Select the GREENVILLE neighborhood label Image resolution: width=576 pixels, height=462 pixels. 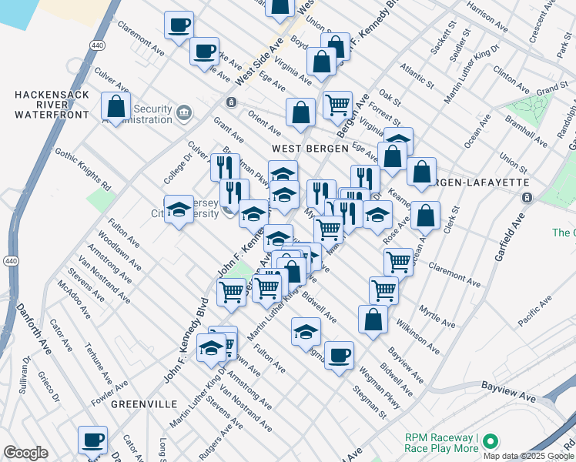[144, 403]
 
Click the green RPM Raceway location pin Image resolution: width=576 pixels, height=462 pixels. [489, 442]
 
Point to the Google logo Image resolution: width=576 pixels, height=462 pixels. [25, 453]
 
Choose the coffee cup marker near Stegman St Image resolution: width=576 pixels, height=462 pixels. [339, 356]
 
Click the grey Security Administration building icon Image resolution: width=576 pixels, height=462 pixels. [185, 114]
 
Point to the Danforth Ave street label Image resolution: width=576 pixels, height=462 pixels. [35, 328]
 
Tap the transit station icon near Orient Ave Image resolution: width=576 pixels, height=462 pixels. [230, 102]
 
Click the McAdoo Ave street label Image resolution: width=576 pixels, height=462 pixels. [74, 300]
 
